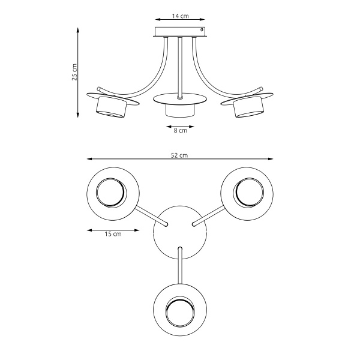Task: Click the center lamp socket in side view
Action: (180, 110)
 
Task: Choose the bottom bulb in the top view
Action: (180, 313)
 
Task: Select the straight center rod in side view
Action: (180, 66)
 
